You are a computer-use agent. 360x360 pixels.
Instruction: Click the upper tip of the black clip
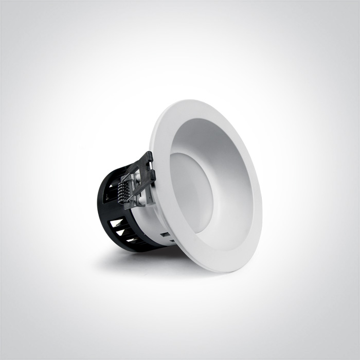click(150, 154)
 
